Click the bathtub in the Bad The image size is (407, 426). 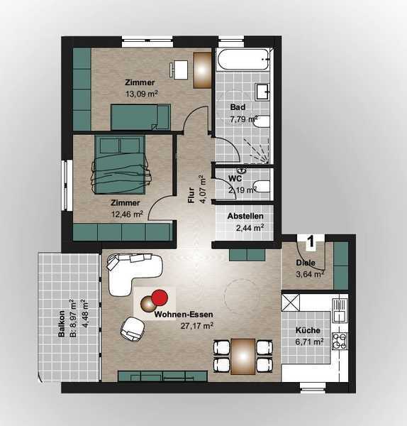click(x=243, y=59)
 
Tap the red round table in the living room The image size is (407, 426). click(x=160, y=297)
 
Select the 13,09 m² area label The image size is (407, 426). click(x=141, y=94)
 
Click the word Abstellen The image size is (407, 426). click(x=245, y=217)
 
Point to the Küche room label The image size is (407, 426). click(x=308, y=330)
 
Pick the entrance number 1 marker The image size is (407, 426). click(x=311, y=241)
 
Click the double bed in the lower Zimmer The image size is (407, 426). click(x=121, y=165)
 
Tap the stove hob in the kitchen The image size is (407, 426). click(x=340, y=341)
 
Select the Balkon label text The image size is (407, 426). click(x=62, y=324)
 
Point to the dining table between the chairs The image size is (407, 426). click(x=243, y=356)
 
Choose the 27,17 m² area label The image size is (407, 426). click(x=197, y=325)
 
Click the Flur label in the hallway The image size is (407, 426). click(x=191, y=195)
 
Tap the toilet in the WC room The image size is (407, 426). click(x=262, y=186)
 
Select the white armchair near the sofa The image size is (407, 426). click(x=133, y=329)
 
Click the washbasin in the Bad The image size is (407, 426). click(x=262, y=92)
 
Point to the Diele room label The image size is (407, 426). click(x=306, y=263)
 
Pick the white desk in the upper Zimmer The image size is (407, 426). click(x=180, y=70)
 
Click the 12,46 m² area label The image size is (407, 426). click(x=128, y=214)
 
